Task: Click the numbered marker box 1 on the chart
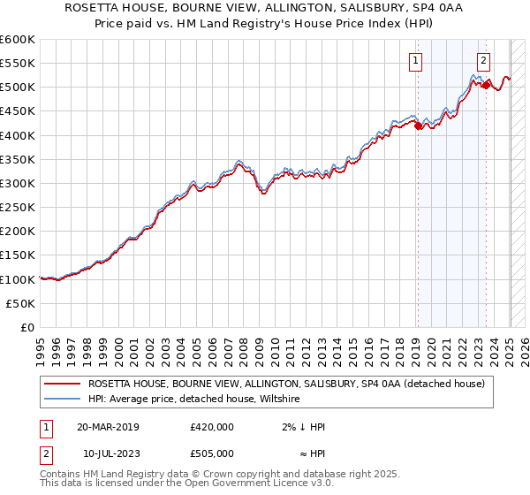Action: click(416, 61)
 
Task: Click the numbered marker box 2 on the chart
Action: click(484, 61)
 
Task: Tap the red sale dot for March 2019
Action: click(418, 126)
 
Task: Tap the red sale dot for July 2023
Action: click(486, 85)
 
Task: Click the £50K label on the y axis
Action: click(20, 303)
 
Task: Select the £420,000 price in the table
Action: click(212, 427)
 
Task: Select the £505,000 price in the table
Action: click(212, 453)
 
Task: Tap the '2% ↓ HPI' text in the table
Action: click(302, 427)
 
